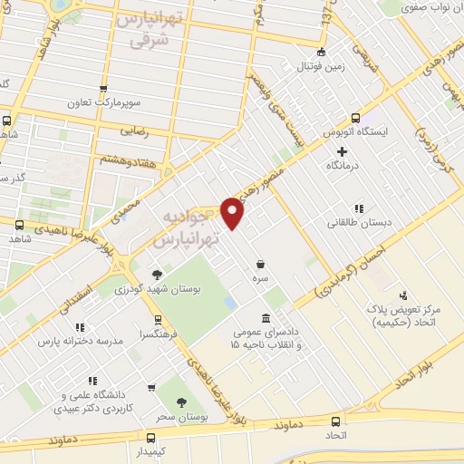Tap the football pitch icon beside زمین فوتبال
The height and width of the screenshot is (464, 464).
coord(324,51)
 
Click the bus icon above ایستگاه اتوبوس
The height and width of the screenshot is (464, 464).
coord(354,118)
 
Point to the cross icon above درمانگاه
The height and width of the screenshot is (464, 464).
coord(342,151)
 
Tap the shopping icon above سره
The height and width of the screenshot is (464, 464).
coord(261,264)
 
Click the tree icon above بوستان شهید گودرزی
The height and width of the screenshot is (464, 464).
coord(158,273)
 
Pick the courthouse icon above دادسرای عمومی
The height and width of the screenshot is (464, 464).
coord(265,318)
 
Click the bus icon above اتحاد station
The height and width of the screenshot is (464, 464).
coord(337,421)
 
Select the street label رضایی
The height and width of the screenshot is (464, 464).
coord(132,132)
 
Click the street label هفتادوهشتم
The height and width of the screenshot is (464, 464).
coord(126,160)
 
